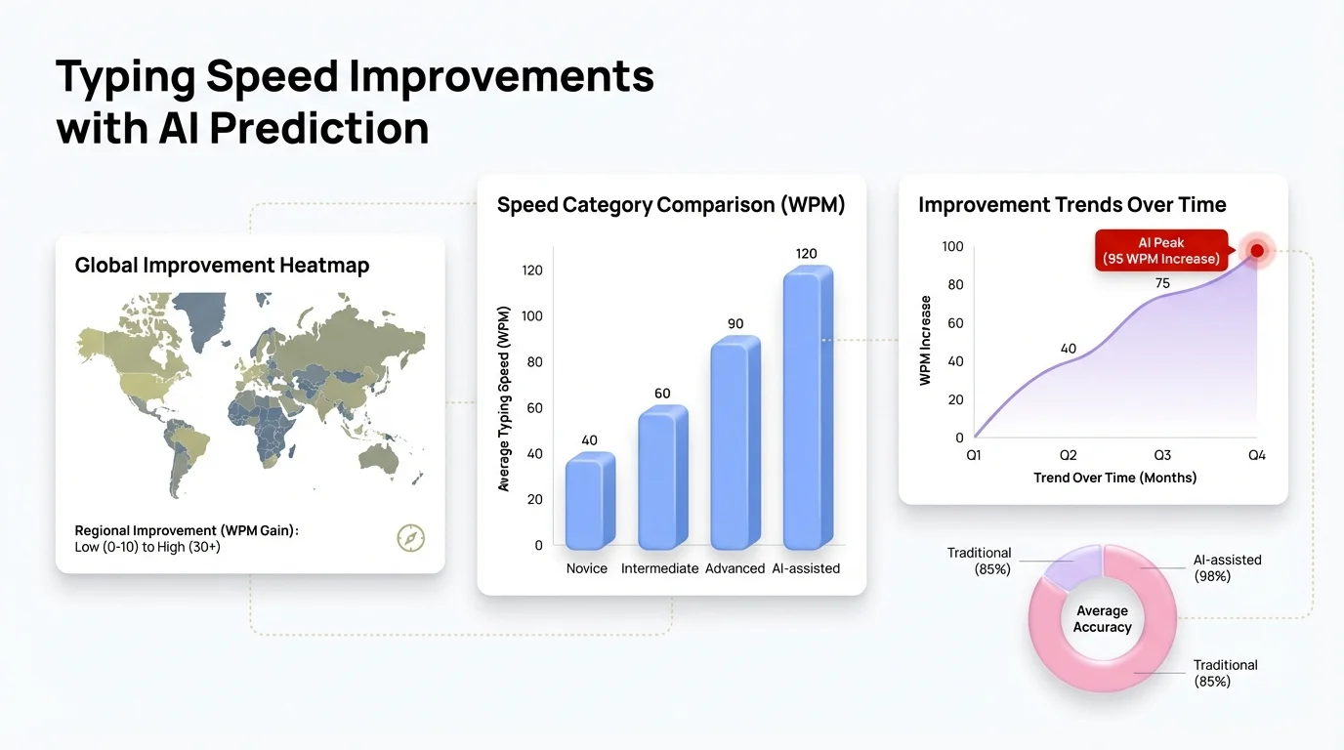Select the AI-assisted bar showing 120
point(808,410)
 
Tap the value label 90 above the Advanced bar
point(735,324)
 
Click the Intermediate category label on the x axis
point(659,568)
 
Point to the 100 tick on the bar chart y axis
point(530,316)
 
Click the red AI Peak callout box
point(1160,250)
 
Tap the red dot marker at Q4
point(1257,251)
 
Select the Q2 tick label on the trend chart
point(1068,455)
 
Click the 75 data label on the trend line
point(1161,283)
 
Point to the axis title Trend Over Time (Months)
point(1114,478)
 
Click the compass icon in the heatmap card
point(410,537)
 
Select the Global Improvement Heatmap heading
point(222,266)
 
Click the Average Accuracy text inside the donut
point(1102,619)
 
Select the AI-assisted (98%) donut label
point(1227,567)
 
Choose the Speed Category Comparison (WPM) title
point(671,205)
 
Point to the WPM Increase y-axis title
point(926,340)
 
